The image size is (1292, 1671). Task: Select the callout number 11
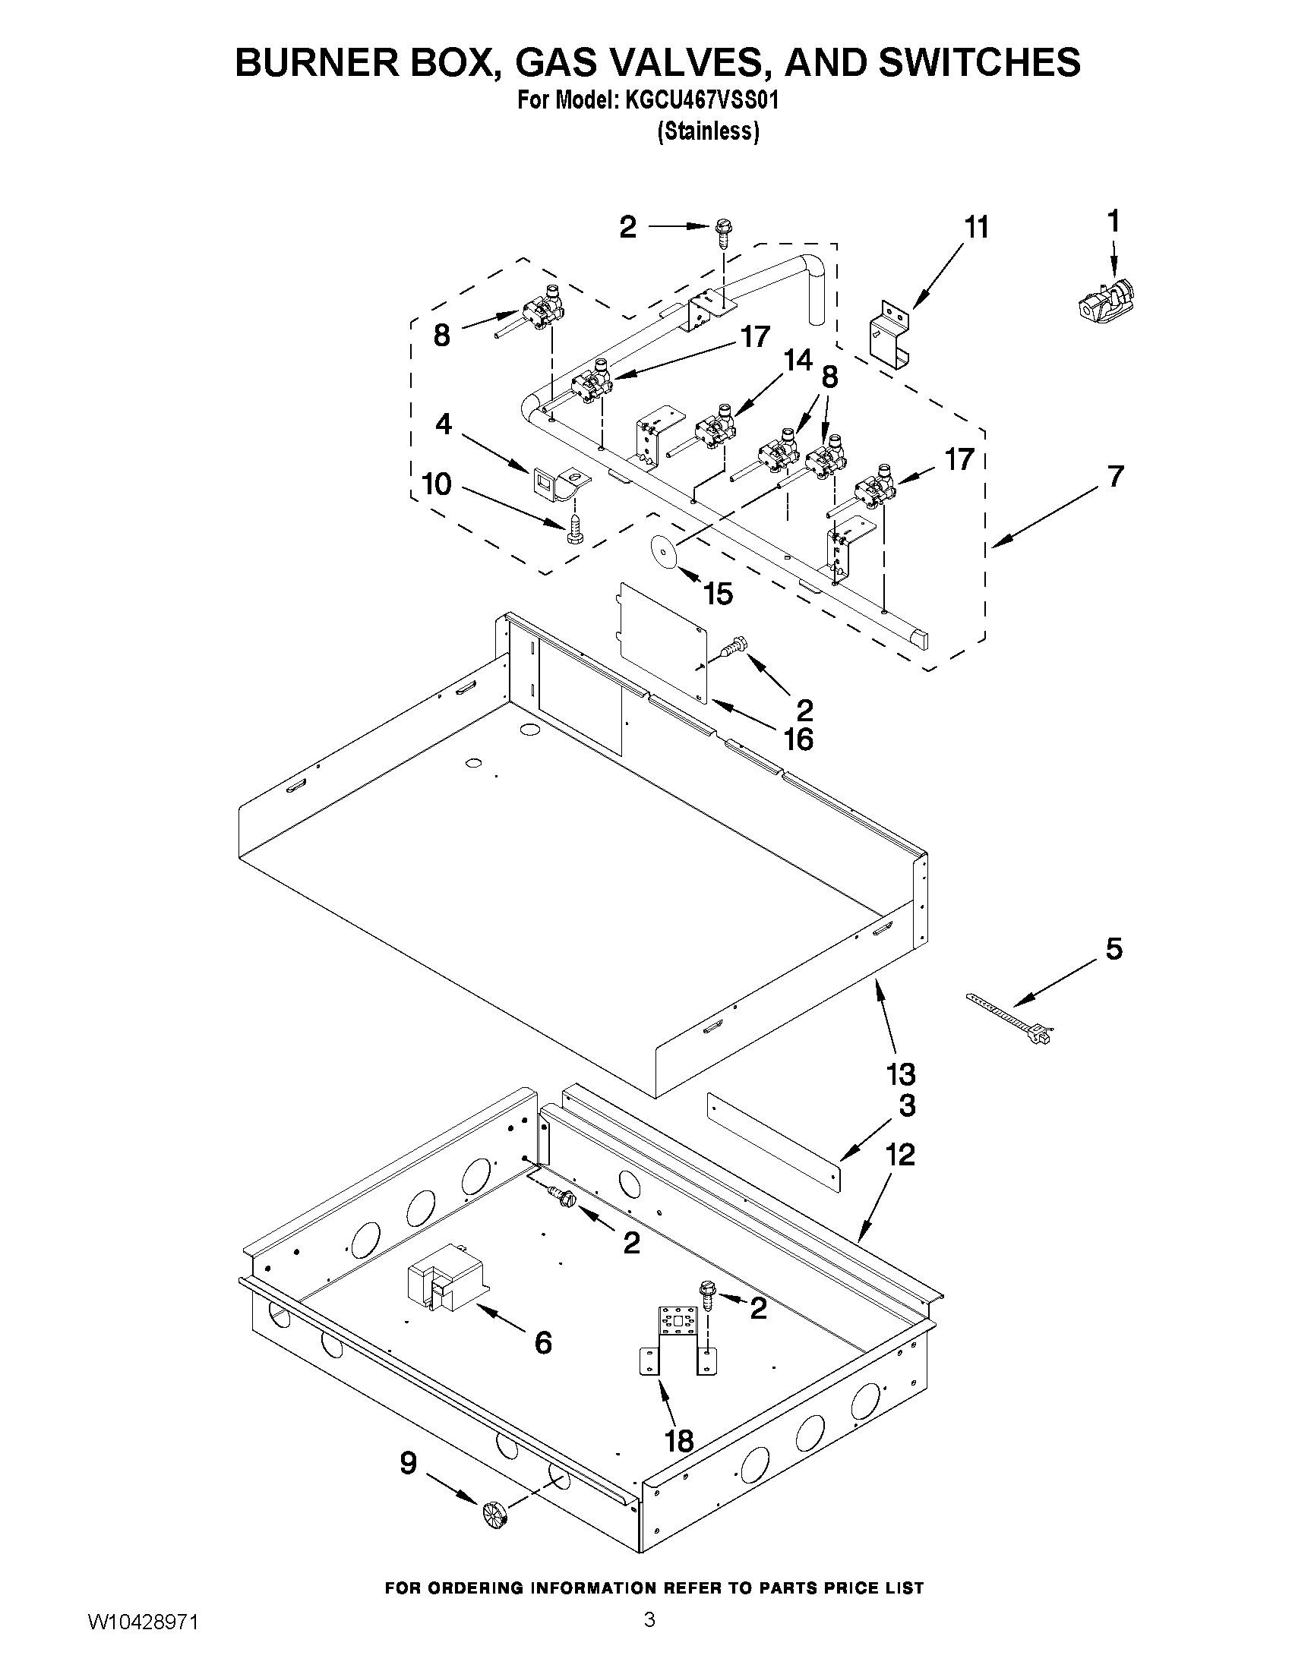coord(975,228)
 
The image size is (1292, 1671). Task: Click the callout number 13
coord(901,1074)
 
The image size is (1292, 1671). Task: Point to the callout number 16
coord(798,739)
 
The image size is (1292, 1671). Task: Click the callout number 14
coord(797,361)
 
